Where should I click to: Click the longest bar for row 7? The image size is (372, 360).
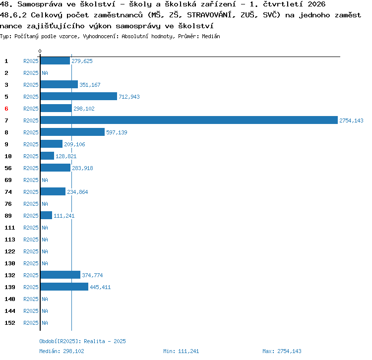189,120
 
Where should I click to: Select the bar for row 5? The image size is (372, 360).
79,96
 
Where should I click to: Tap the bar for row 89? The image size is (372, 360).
46,215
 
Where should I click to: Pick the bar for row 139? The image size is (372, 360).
64,287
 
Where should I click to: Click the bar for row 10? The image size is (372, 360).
47,156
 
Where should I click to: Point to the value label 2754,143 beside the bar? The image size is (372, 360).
351,120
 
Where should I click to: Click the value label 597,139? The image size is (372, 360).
117,132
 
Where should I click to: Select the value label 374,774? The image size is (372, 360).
92,275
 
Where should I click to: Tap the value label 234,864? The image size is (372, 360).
77,192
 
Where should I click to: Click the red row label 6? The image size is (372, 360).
6,109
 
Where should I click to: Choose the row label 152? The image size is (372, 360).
10,323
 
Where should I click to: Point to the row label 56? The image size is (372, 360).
8,168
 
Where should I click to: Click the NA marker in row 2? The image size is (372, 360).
45,73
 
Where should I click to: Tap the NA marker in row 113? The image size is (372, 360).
45,240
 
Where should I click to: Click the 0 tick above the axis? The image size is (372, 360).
40,51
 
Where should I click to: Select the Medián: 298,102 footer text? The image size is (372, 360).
62,351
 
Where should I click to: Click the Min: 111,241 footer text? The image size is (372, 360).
181,351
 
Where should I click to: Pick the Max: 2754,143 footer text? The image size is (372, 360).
282,351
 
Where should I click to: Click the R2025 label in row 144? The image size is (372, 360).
31,311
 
